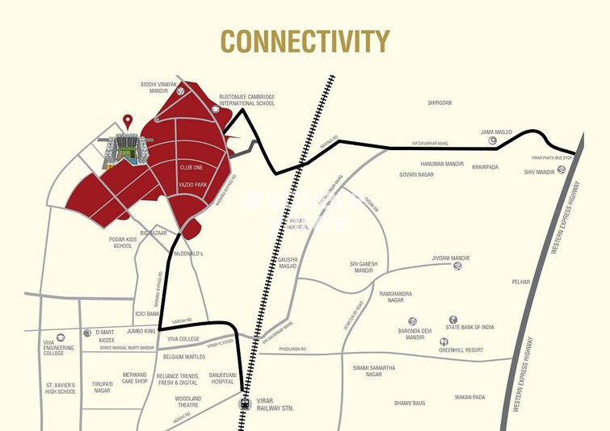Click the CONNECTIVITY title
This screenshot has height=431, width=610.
pos(305,40)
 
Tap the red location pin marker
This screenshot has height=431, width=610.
pos(128,122)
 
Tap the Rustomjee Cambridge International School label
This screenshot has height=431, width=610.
pos(247,99)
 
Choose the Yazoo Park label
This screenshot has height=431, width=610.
pos(195,185)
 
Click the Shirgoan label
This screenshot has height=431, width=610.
pos(439,103)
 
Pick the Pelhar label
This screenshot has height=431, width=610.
pos(521,282)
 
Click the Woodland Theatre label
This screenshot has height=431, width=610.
pos(188,402)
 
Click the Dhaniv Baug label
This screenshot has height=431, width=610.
pos(409,402)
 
